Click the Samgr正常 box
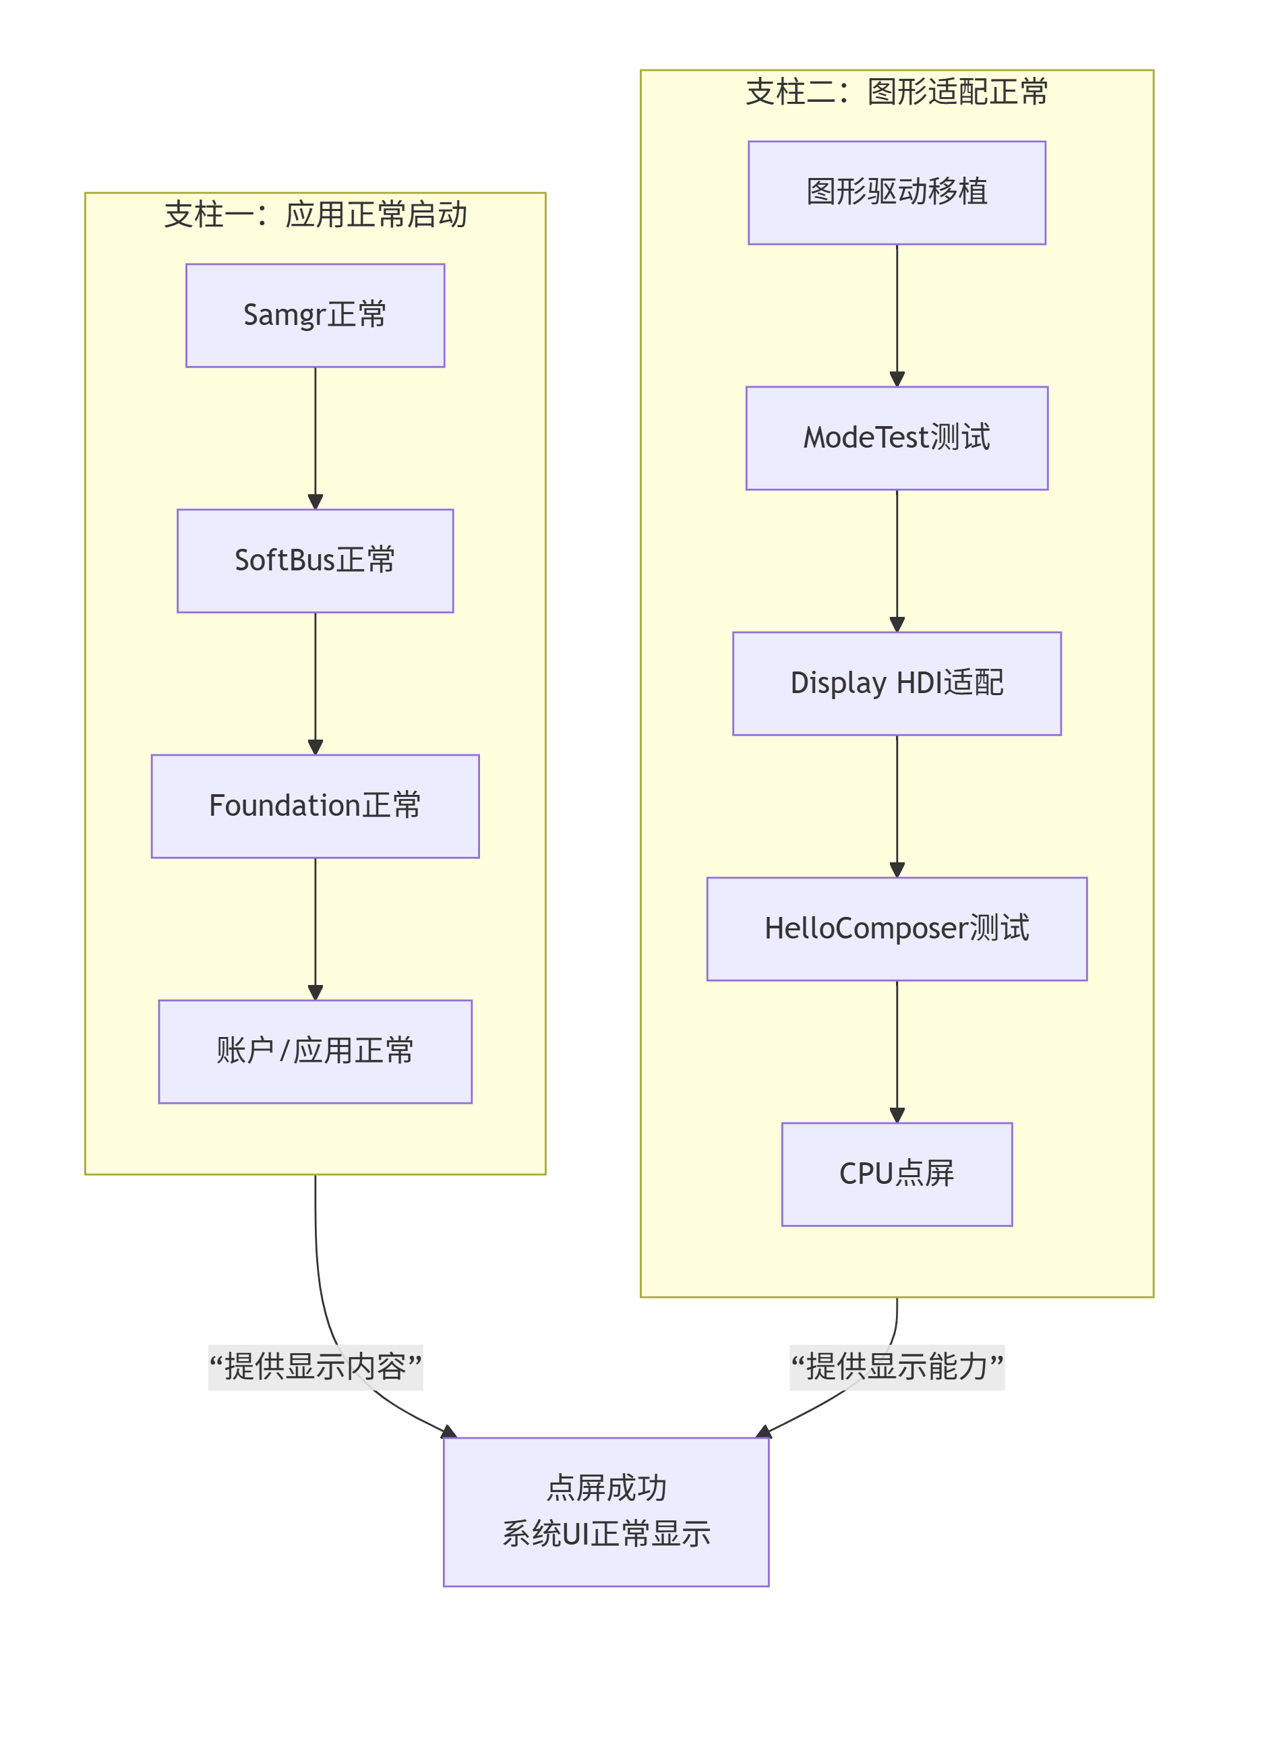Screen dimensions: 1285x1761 click(315, 315)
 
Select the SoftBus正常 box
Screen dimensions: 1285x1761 click(315, 561)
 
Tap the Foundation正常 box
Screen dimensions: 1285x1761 click(315, 806)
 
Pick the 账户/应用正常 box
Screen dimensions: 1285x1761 click(315, 1052)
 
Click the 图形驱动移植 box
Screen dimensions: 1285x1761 click(897, 193)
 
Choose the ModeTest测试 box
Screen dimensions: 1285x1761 click(897, 438)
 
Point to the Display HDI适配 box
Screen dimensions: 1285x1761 click(897, 684)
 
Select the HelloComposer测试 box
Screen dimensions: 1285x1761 click(897, 929)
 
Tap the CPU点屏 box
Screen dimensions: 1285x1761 click(897, 1174)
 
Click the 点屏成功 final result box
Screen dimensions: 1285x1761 click(606, 1512)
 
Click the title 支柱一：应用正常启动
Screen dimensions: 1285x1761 click(315, 214)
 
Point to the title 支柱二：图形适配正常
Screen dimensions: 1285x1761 click(897, 92)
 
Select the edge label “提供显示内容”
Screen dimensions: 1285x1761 click(315, 1367)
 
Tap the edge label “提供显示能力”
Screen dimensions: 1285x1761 click(897, 1367)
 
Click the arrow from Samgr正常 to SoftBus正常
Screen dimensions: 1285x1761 click(315, 438)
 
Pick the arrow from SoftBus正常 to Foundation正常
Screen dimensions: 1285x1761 click(315, 684)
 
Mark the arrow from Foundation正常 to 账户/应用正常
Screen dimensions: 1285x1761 click(315, 929)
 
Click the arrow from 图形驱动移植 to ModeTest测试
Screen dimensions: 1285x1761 click(897, 315)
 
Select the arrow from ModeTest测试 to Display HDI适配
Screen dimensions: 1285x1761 click(897, 561)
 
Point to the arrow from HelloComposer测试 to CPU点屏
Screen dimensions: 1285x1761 click(897, 1052)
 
